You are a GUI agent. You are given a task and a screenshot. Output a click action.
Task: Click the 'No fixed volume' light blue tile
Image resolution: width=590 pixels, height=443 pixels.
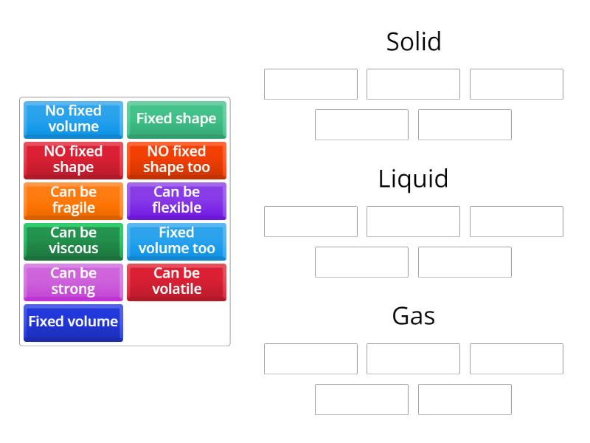coord(73,119)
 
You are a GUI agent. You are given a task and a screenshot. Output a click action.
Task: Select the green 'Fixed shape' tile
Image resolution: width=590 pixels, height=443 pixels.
coord(176,119)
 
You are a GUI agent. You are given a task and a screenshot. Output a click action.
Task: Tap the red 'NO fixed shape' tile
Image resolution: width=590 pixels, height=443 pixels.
coord(73,159)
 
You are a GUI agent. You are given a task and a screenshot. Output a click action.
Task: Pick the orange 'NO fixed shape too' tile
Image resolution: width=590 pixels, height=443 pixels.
coord(176,159)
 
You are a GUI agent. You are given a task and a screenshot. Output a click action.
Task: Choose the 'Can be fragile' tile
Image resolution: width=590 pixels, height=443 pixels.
coord(73,200)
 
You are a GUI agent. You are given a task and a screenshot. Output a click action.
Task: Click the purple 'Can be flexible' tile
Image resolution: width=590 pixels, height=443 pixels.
coord(176,200)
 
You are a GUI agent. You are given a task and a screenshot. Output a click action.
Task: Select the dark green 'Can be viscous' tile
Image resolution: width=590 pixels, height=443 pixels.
coord(73,241)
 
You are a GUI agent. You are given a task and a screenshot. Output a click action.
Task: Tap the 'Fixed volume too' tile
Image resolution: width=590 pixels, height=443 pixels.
coord(176,241)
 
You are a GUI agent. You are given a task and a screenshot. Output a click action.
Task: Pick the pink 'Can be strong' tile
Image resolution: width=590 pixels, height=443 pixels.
coord(73,281)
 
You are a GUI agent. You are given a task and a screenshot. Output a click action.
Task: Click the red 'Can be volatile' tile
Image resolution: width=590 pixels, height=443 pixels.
coord(176,281)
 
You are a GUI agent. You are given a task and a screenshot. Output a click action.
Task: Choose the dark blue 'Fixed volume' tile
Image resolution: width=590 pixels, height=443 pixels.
coord(73,322)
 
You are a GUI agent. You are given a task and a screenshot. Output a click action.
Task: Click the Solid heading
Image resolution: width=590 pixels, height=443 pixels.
coord(413,41)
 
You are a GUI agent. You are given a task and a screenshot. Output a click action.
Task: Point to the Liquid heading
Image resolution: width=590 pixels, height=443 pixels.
coord(413,179)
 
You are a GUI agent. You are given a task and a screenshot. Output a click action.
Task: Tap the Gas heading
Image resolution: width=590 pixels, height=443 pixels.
coord(413,316)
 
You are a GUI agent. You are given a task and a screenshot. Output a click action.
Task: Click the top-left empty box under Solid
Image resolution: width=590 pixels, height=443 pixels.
coord(310,84)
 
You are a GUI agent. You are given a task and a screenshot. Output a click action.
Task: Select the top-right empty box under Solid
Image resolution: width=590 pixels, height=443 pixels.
coord(516,84)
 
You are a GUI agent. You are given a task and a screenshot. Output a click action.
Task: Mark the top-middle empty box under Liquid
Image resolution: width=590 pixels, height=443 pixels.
coord(413,221)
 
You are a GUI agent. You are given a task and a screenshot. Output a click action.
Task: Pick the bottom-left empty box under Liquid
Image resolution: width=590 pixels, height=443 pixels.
coord(361,262)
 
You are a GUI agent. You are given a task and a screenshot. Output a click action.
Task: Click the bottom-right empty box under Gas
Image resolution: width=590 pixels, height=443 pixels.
coord(465,399)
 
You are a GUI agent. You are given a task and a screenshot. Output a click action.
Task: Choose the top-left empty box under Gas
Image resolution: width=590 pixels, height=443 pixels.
coord(310,359)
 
